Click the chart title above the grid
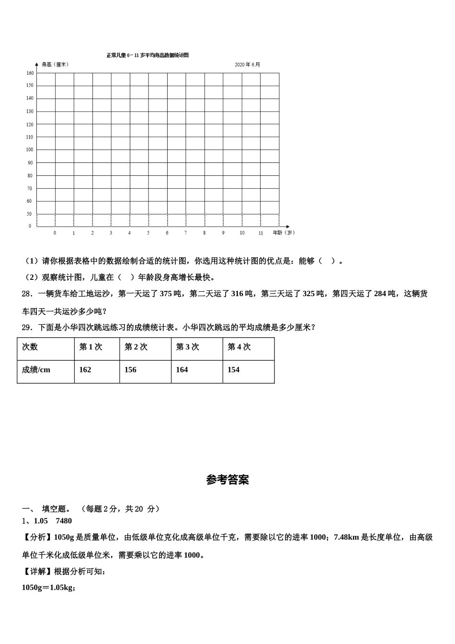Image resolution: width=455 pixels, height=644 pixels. coord(148,55)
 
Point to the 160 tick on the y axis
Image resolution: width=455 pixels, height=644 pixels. coord(30,73)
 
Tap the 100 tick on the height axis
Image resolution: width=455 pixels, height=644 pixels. coord(30,149)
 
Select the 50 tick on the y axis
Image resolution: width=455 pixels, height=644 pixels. coord(30,214)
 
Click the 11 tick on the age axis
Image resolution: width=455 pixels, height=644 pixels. coord(261,233)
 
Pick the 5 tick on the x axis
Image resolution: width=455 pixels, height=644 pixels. coord(148,233)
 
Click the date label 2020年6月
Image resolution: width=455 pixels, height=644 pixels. coord(248,65)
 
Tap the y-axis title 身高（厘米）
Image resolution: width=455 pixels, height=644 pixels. coord(55,64)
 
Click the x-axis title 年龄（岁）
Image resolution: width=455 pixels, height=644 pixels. coord(284,232)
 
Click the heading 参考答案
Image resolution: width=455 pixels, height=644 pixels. coord(227,480)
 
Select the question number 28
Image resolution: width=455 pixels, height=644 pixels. coord(27,294)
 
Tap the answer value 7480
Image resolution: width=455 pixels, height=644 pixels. coord(64,521)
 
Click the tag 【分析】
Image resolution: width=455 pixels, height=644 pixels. coord(38,537)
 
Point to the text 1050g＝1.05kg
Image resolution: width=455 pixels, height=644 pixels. coord(48,587)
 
